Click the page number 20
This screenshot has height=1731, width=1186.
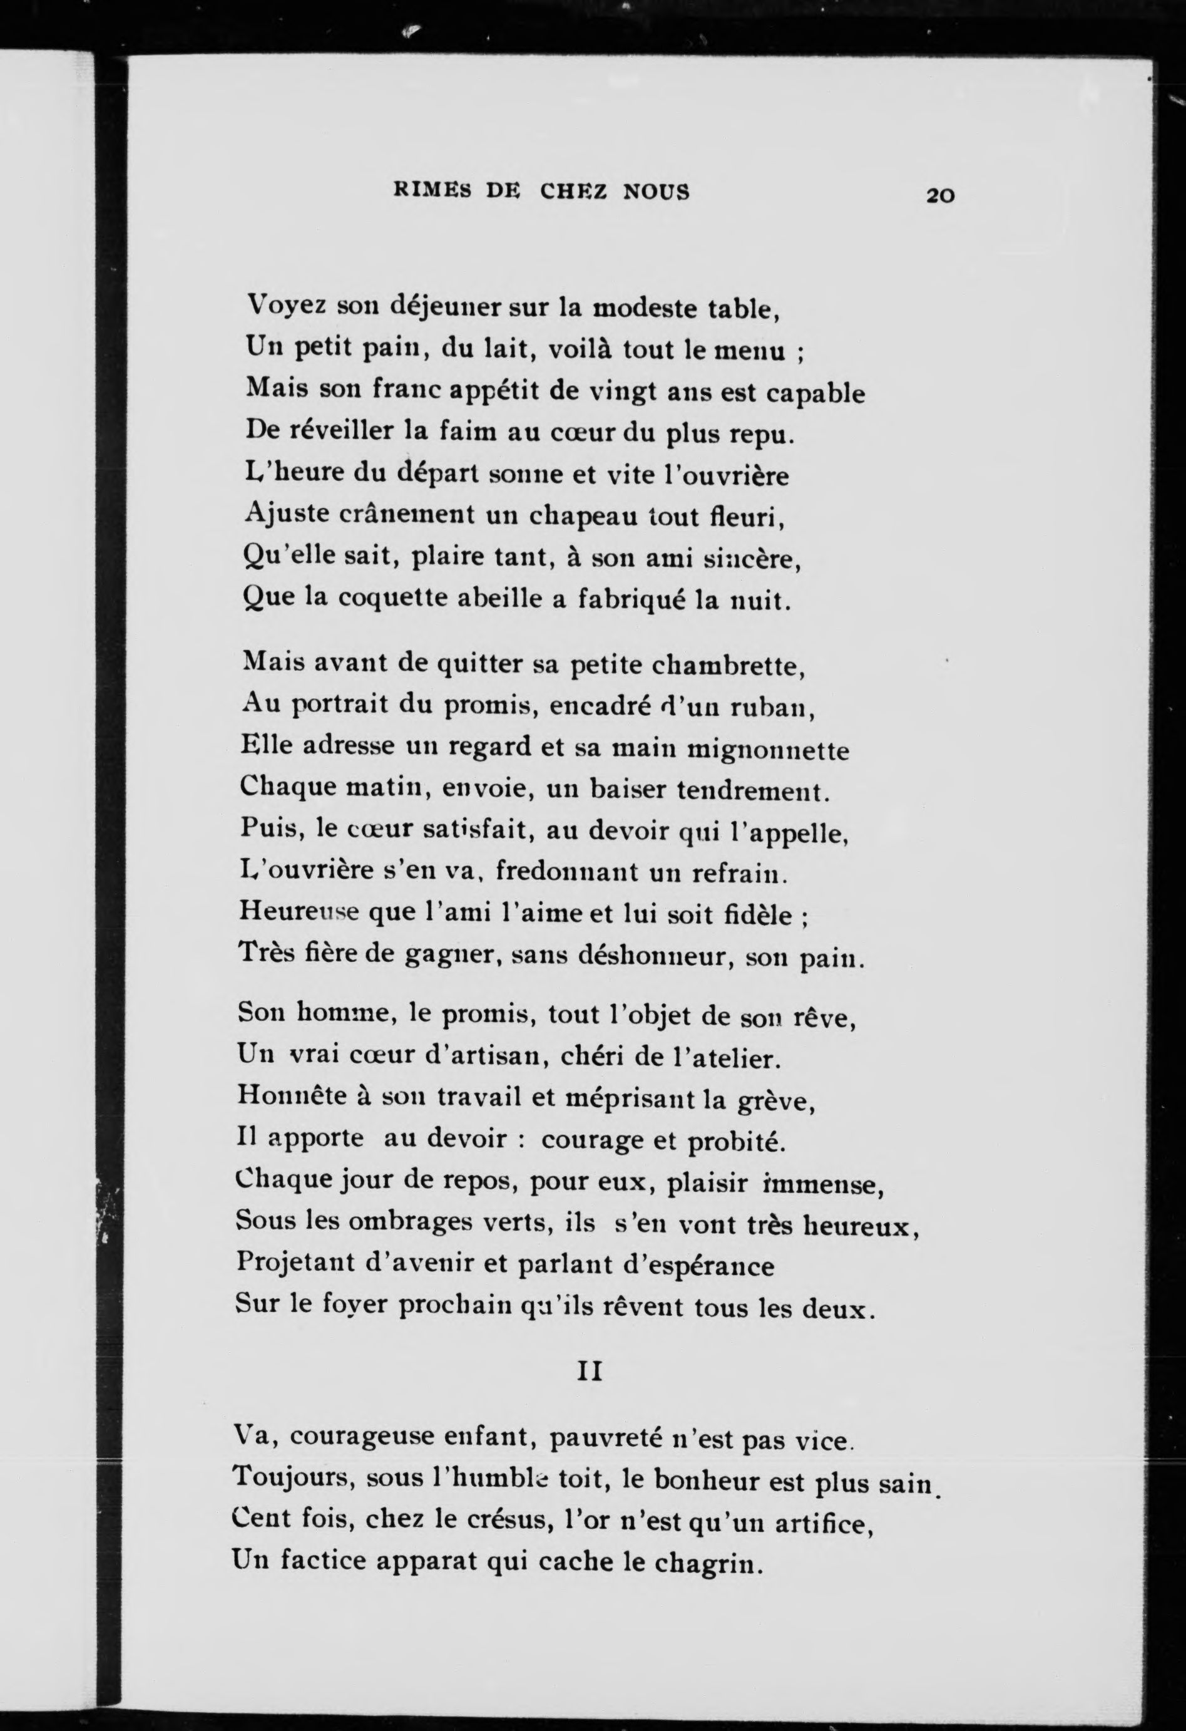[939, 196]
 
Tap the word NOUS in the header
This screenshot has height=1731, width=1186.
[657, 192]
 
